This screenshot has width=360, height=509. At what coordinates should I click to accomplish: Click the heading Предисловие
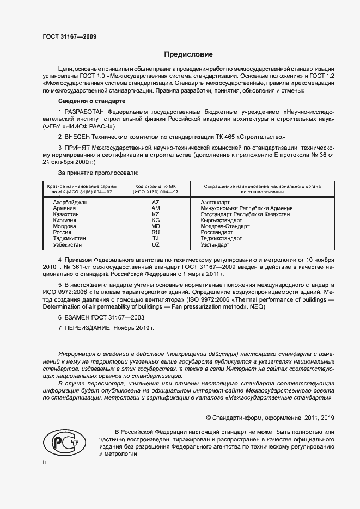[x=189, y=54]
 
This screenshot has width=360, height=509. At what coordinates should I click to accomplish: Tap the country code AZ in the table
[x=155, y=202]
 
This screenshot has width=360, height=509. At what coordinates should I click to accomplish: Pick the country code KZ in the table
[x=155, y=214]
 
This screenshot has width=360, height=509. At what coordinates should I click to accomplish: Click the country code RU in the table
[x=155, y=232]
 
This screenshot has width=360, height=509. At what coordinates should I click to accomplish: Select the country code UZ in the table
[x=155, y=245]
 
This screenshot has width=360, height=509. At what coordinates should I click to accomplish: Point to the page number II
[x=45, y=462]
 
